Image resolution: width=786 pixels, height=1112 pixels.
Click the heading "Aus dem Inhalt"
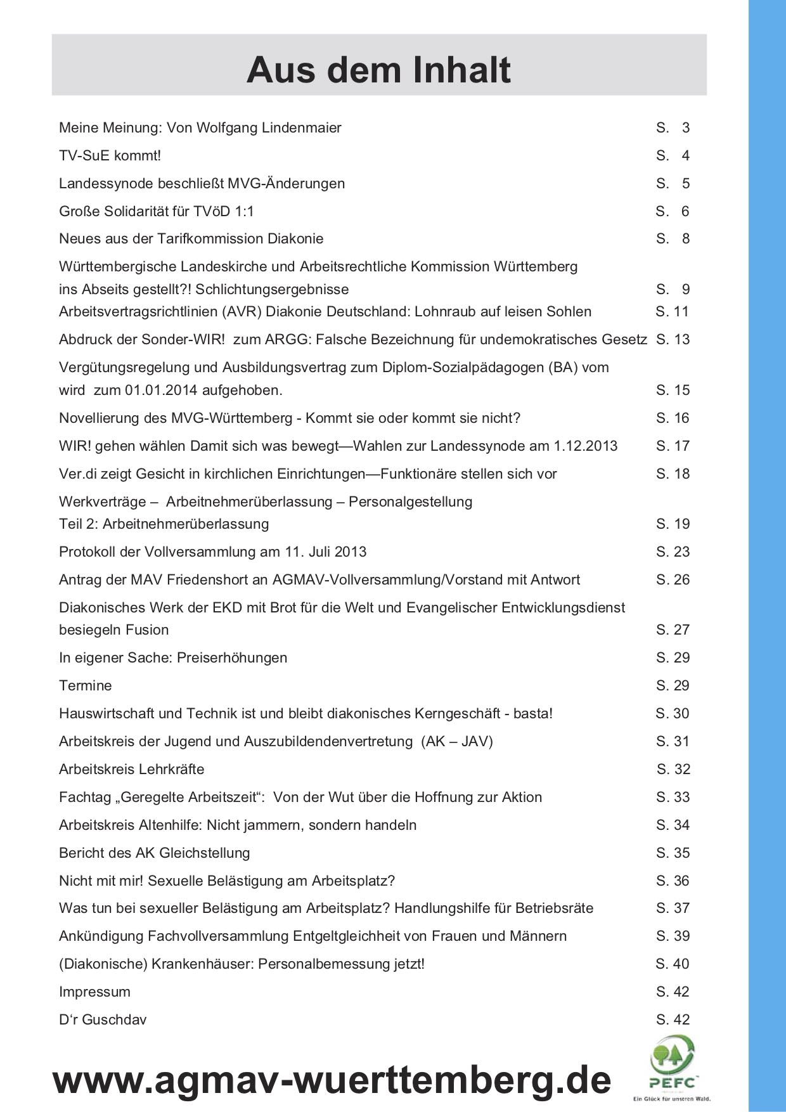(378, 70)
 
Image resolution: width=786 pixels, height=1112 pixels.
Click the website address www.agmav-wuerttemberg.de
(332, 1080)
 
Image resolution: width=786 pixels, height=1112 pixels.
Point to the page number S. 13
(673, 340)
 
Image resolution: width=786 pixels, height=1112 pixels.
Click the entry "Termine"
(85, 686)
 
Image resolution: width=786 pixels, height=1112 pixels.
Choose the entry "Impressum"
(94, 992)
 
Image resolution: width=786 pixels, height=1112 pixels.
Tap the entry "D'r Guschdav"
(103, 1020)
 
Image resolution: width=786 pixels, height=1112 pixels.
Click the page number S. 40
(673, 964)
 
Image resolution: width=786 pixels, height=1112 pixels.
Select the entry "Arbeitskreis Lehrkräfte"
(131, 770)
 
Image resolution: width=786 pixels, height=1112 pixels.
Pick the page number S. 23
(673, 552)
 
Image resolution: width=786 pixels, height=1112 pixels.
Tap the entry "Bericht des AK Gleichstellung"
(154, 853)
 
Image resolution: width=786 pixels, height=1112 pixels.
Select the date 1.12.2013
(585, 446)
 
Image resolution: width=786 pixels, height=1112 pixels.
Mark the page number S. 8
(673, 239)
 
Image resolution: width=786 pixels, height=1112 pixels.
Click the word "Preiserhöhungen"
(232, 658)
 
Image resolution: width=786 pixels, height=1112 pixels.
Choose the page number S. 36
(673, 881)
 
